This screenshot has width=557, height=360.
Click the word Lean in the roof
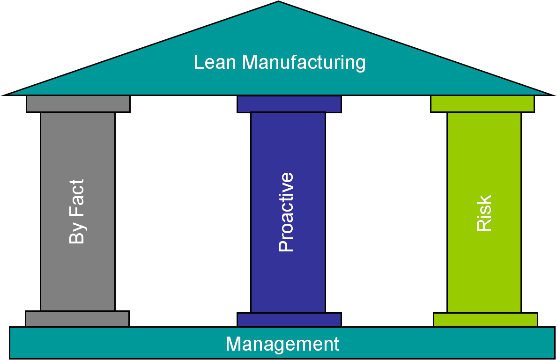215,62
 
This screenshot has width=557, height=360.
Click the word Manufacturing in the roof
304,63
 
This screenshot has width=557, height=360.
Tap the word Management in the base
282,344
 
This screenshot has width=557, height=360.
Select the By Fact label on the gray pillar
77,212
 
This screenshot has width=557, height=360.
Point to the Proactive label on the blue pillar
286,212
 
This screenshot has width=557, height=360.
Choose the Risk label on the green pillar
483,213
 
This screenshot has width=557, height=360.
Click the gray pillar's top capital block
78,103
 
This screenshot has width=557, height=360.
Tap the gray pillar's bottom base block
77,318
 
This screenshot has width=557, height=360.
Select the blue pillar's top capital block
289,104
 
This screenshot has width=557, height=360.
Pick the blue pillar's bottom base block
289,320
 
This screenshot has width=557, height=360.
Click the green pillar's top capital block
483,103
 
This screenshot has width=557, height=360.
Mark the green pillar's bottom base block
485,320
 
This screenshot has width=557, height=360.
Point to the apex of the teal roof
278,1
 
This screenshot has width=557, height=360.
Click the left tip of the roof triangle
3,95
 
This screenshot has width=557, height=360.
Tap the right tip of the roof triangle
554,95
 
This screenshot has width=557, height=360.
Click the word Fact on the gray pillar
77,198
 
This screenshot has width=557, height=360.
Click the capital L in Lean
199,62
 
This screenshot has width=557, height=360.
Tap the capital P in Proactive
286,246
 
